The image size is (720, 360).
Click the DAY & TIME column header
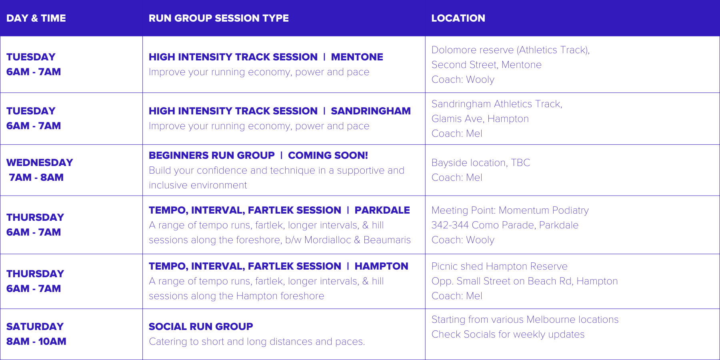(x=36, y=18)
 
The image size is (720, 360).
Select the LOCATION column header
(x=458, y=18)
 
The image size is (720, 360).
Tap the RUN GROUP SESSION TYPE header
(x=218, y=18)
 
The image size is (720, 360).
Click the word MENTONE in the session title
(x=357, y=57)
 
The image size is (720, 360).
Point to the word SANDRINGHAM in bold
(x=370, y=111)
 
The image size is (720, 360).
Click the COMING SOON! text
(x=328, y=155)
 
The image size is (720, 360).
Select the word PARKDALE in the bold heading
(x=382, y=210)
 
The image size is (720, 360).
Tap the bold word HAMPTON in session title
(x=381, y=266)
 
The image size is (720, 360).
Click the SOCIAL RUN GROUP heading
(x=201, y=326)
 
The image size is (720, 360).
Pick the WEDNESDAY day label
(x=40, y=162)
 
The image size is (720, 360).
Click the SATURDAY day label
(x=35, y=326)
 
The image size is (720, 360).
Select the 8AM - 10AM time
(x=36, y=341)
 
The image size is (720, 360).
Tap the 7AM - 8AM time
(x=36, y=177)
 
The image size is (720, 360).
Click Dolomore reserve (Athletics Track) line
(x=510, y=50)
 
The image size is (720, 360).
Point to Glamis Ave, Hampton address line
(x=480, y=119)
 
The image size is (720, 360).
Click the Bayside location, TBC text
(x=480, y=163)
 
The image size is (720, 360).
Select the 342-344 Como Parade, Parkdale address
(x=505, y=225)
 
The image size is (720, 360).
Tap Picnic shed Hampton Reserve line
(x=499, y=266)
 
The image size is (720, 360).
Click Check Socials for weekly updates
(x=508, y=334)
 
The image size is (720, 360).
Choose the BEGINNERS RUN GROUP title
(x=212, y=155)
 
